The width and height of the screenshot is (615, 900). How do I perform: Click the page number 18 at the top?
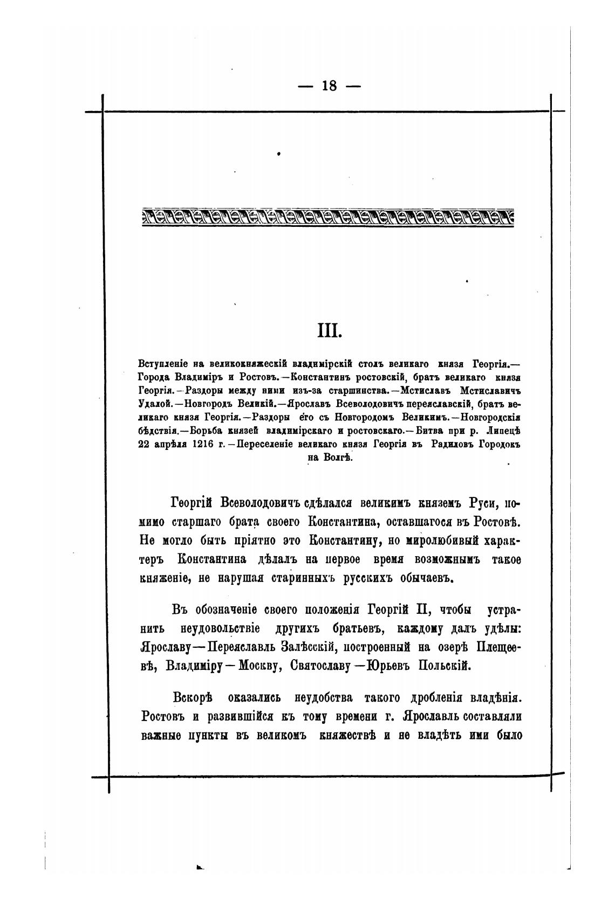click(x=329, y=86)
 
